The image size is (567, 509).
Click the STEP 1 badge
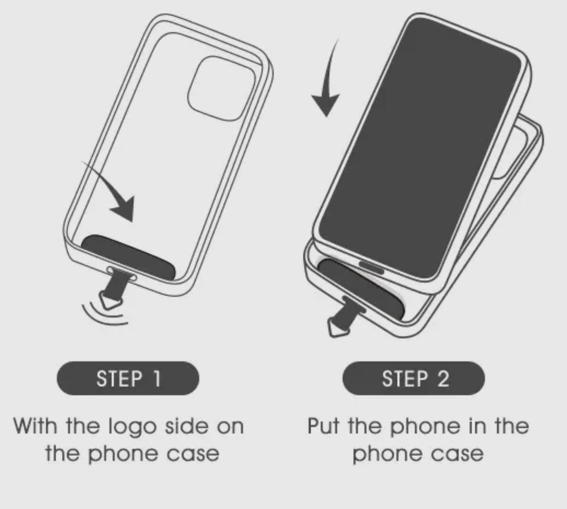pyautogui.click(x=128, y=378)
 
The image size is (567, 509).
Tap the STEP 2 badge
pyautogui.click(x=414, y=378)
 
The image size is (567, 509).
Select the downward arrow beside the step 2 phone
pyautogui.click(x=328, y=84)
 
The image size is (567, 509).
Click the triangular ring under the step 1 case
pyautogui.click(x=111, y=300)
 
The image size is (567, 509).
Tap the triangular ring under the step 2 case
pyautogui.click(x=338, y=328)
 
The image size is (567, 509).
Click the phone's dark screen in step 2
pyautogui.click(x=420, y=148)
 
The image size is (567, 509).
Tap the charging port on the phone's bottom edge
pyautogui.click(x=371, y=267)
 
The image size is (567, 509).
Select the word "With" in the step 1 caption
pyautogui.click(x=35, y=426)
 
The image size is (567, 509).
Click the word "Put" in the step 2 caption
pyautogui.click(x=323, y=426)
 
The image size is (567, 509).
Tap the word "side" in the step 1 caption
pyautogui.click(x=187, y=426)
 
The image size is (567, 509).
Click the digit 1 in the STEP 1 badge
pyautogui.click(x=157, y=378)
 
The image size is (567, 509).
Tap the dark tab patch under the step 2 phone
pyautogui.click(x=361, y=288)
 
